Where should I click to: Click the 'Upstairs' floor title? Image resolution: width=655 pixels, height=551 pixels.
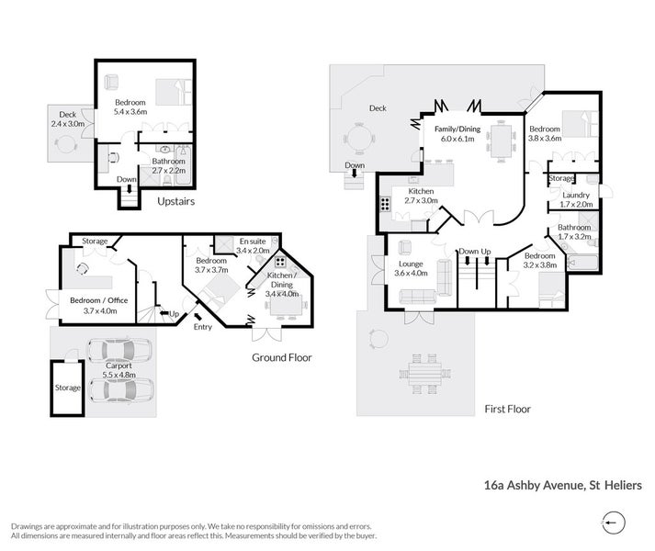[x=175, y=201]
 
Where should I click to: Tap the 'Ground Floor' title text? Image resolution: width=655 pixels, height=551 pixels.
[x=281, y=357]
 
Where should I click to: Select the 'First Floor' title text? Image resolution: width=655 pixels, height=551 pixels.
[x=507, y=409]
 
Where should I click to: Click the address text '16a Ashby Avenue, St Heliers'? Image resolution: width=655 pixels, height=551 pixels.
[x=563, y=485]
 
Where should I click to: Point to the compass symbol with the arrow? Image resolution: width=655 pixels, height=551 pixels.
[x=614, y=523]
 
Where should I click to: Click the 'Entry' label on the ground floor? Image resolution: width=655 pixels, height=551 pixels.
[x=203, y=327]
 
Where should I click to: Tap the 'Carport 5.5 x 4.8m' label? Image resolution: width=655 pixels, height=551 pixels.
[x=119, y=370]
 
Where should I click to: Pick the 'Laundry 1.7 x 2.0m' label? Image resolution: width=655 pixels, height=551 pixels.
[x=576, y=199]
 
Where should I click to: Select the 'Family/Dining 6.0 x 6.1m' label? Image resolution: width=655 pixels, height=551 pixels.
[x=457, y=134]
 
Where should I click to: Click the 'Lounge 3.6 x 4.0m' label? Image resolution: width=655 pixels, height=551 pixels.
[x=411, y=268]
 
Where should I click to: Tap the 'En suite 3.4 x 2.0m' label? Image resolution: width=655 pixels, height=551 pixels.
[x=253, y=246]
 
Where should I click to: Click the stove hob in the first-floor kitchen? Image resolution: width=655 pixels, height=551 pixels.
[x=385, y=204]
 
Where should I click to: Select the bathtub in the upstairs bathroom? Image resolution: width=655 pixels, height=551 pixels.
[x=183, y=165]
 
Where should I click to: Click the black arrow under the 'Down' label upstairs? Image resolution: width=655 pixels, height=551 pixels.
[x=130, y=188]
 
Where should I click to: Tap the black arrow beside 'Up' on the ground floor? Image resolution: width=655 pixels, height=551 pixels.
[x=164, y=313]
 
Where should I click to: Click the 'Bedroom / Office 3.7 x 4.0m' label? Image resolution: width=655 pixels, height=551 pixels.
[x=99, y=306]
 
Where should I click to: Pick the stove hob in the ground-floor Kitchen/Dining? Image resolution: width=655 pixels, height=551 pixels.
[x=280, y=262]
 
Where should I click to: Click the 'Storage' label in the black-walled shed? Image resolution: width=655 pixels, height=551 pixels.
[x=68, y=388]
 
